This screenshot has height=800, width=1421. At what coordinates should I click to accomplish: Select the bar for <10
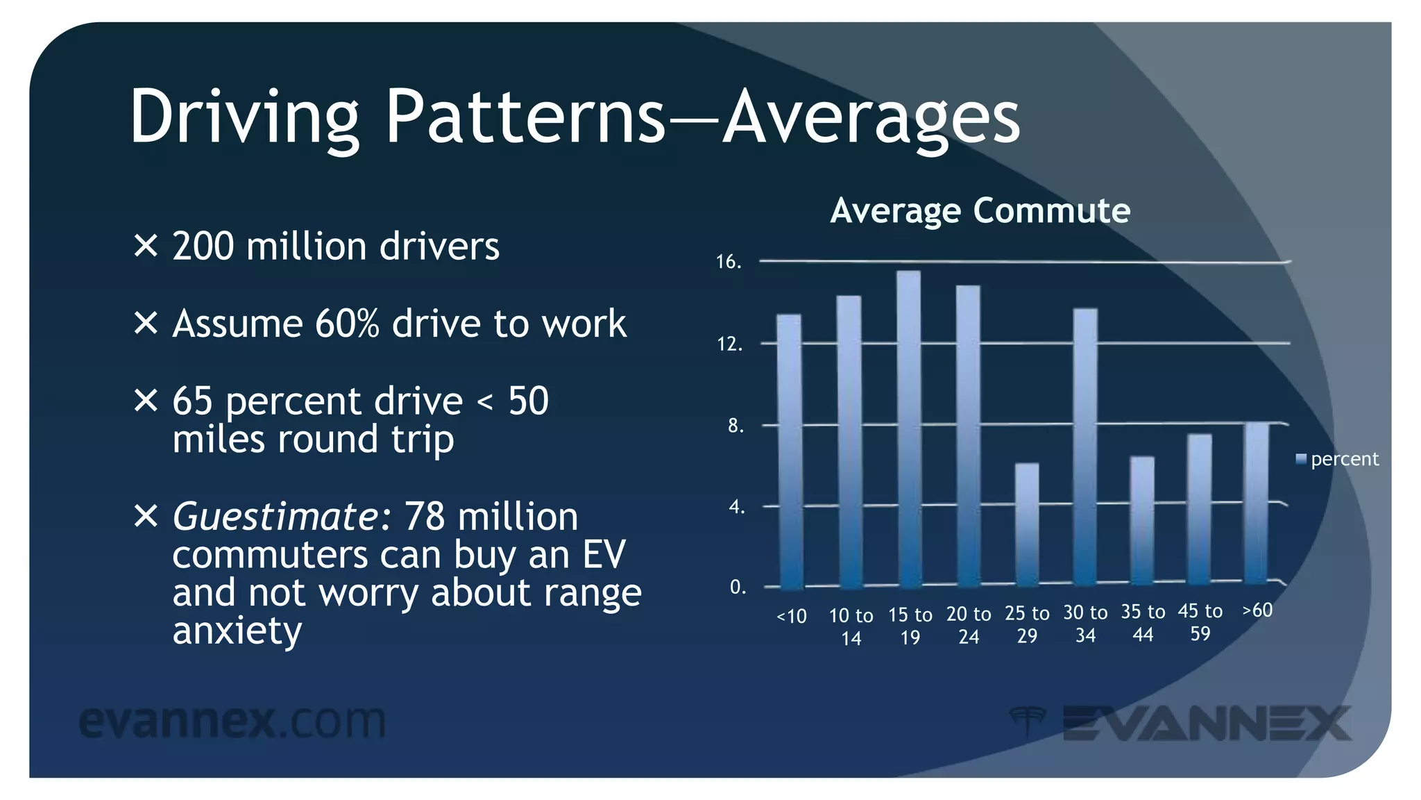(789, 451)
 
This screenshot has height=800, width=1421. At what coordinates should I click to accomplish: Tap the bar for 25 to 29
(1027, 524)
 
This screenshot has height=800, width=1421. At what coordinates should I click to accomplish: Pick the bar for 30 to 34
(1085, 447)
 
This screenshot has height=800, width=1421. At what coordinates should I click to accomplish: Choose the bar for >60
(1256, 503)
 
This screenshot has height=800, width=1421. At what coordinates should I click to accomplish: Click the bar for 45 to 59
(1199, 510)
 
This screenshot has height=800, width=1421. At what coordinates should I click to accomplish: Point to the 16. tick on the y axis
(729, 262)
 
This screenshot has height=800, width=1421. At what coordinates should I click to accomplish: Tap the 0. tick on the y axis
(738, 587)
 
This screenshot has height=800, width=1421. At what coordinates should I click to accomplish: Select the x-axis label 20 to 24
(969, 625)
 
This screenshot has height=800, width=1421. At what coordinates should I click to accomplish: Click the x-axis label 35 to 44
(1143, 623)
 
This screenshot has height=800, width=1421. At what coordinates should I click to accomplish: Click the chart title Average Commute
(980, 210)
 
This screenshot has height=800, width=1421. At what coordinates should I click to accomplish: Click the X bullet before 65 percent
(146, 401)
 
